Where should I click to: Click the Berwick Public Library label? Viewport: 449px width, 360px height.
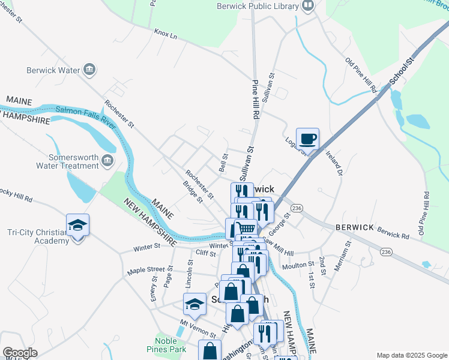pos(258,7)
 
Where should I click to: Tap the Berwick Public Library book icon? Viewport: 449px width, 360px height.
pos(309,7)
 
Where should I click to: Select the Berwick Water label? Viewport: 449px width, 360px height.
pos(53,70)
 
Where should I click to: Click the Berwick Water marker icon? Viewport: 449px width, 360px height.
pos(89,70)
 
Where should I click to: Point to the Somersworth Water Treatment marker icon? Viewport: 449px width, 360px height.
pos(107,160)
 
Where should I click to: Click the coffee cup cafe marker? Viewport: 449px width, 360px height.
pos(307,139)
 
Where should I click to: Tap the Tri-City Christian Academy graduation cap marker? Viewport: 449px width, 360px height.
pos(77,225)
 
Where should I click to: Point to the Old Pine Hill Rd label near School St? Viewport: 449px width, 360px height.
pos(361,76)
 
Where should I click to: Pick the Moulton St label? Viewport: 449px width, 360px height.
pos(298,265)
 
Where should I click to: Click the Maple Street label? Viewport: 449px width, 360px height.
pos(145,271)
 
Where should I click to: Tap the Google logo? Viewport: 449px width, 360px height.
pos(20,353)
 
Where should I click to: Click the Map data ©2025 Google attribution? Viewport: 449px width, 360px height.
pos(411,355)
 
